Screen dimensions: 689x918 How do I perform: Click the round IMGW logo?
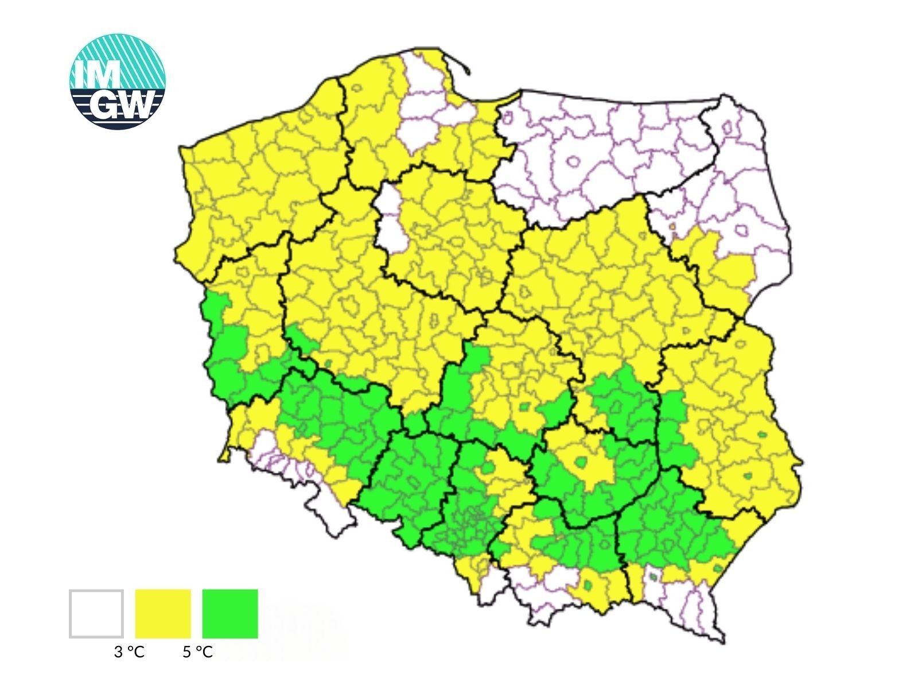(118, 81)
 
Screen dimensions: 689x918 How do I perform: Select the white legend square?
(96, 613)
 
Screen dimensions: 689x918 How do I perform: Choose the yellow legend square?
(163, 613)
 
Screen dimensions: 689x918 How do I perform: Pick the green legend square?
(230, 613)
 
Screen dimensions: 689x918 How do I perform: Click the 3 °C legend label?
(129, 652)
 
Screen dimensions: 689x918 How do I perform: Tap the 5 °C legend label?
(198, 652)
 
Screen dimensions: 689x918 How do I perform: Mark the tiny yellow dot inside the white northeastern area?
(672, 226)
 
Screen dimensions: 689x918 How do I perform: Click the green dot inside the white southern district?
(653, 575)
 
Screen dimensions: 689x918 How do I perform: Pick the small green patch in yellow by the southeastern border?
(718, 568)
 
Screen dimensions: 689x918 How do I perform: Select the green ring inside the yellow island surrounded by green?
(582, 462)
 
